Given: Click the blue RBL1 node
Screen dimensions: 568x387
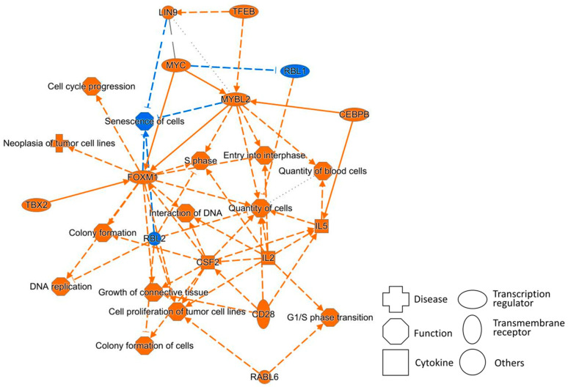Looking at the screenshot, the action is coord(295,71).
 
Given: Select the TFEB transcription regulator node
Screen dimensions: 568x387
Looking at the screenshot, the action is coord(244,12).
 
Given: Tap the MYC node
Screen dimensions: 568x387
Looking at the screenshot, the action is coord(175,65).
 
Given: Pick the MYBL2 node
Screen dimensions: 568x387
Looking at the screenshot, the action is coord(236,99).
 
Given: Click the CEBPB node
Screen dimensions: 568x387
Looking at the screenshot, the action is coord(354,114).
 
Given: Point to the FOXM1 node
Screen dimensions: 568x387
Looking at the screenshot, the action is coord(142,177).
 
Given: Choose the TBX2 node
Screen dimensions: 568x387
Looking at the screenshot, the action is coord(37,205).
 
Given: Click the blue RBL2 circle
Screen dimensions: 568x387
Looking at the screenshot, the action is coord(154,239).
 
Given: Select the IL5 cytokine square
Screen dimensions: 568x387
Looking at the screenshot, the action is coord(321,226).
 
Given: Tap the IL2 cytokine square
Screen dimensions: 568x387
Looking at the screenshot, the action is coord(268,258).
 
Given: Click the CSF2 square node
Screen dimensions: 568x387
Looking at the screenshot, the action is coord(208,262).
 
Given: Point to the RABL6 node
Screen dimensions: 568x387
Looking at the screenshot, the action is coord(264,377).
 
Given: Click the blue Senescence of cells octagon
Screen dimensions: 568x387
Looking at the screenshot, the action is coord(145,121).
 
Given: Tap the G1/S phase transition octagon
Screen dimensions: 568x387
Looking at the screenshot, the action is coord(329,317).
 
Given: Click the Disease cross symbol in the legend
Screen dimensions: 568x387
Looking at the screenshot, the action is coord(396,299).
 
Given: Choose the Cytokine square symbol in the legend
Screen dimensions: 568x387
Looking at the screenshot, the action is coord(396,362).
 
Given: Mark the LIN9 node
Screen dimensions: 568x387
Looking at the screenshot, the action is coord(168,12).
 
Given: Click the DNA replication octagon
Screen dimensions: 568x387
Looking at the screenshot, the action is coord(60,287).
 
